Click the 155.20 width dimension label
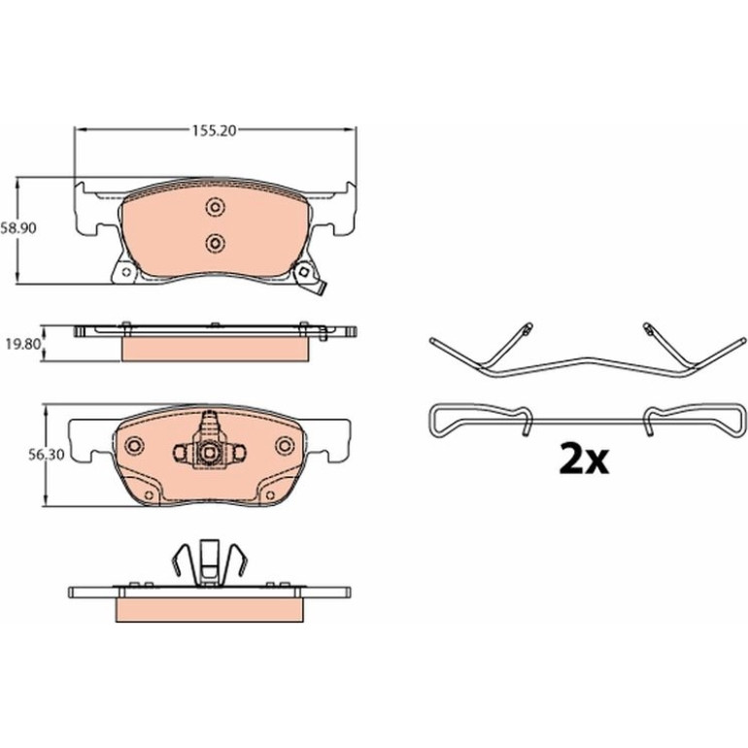click(214, 131)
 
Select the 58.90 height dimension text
click(18, 228)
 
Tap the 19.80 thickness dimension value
click(23, 344)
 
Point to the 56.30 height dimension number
click(46, 455)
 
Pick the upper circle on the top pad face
click(215, 208)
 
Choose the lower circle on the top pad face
click(215, 244)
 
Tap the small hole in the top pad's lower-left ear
click(126, 272)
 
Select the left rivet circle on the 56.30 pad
click(134, 446)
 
